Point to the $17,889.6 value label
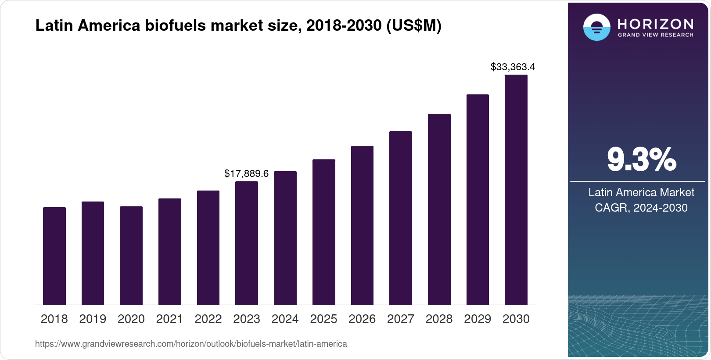coord(246,173)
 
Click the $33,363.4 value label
coord(513,67)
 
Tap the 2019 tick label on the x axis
coord(93,319)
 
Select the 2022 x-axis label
coord(208,319)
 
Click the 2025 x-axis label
coord(323,319)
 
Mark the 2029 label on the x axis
coord(478,319)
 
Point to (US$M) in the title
coord(413,26)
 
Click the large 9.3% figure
coord(641,159)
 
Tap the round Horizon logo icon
coord(596,28)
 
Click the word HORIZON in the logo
coord(655,24)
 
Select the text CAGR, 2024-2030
coord(641,208)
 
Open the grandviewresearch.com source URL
coord(191,344)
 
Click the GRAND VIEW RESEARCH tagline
coord(655,35)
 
